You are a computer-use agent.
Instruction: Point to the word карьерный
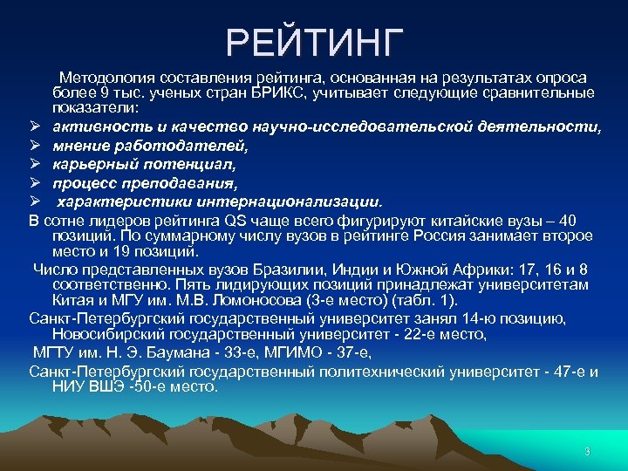91,164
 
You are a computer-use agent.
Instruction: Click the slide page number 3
587,451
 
